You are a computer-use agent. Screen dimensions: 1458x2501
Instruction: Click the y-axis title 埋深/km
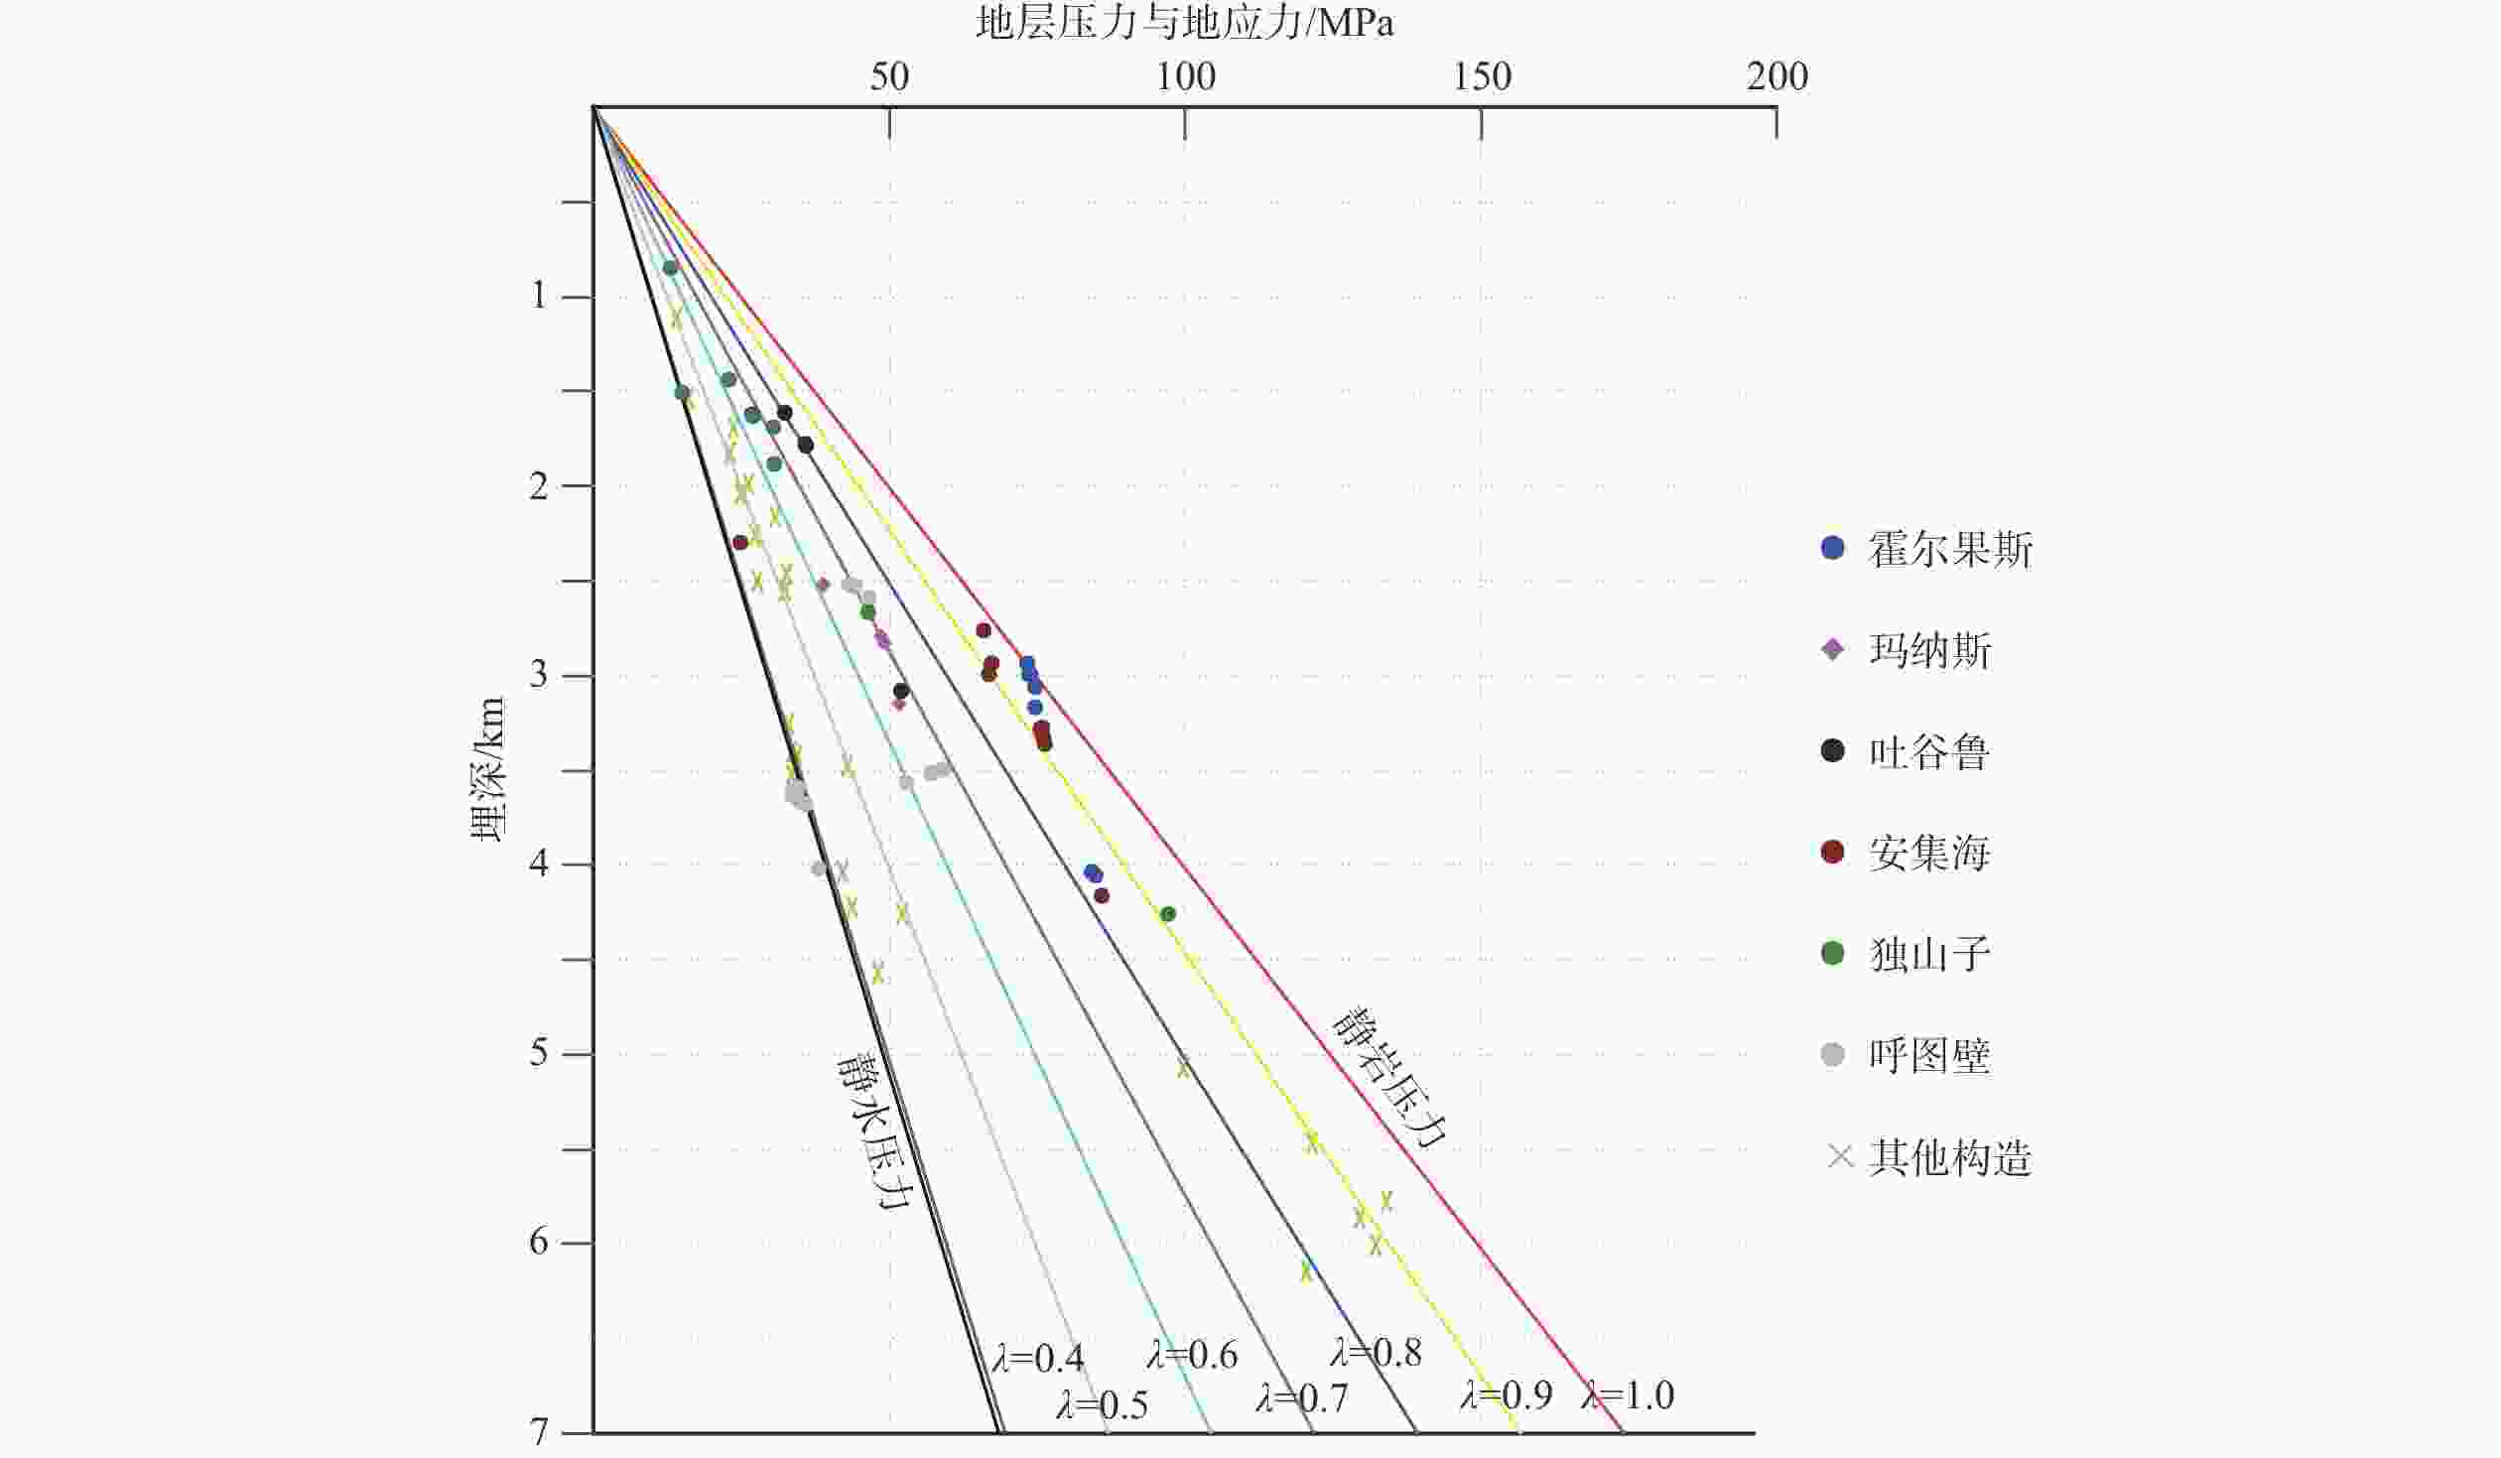487,770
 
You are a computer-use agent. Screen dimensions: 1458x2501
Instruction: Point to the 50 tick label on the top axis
888,76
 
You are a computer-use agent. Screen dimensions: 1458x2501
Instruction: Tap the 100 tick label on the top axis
1185,76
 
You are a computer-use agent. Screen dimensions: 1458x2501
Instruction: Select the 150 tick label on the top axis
1482,76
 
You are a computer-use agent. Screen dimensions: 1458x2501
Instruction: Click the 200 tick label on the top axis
1777,76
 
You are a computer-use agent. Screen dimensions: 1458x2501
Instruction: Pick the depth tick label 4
538,864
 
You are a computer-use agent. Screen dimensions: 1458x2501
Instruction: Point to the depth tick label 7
538,1432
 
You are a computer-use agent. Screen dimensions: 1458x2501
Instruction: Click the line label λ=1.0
1628,1394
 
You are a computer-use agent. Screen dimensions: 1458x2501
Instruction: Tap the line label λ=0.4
1038,1358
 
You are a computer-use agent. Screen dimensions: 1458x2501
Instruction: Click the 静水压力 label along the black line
873,1129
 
